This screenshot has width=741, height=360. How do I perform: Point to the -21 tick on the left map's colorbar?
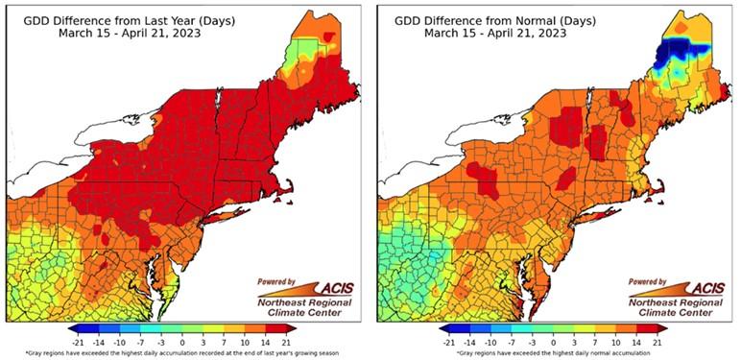[81, 341]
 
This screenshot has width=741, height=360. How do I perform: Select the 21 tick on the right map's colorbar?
[656, 341]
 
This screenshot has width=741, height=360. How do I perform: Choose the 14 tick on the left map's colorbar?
[262, 341]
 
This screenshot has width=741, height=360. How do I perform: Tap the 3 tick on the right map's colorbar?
[573, 341]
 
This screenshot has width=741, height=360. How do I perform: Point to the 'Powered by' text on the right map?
[649, 281]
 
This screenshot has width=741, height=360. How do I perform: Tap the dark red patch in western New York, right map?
[484, 179]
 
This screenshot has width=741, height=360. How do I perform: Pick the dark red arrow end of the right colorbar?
[663, 329]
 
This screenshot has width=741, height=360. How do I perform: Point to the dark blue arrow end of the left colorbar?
[73, 329]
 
